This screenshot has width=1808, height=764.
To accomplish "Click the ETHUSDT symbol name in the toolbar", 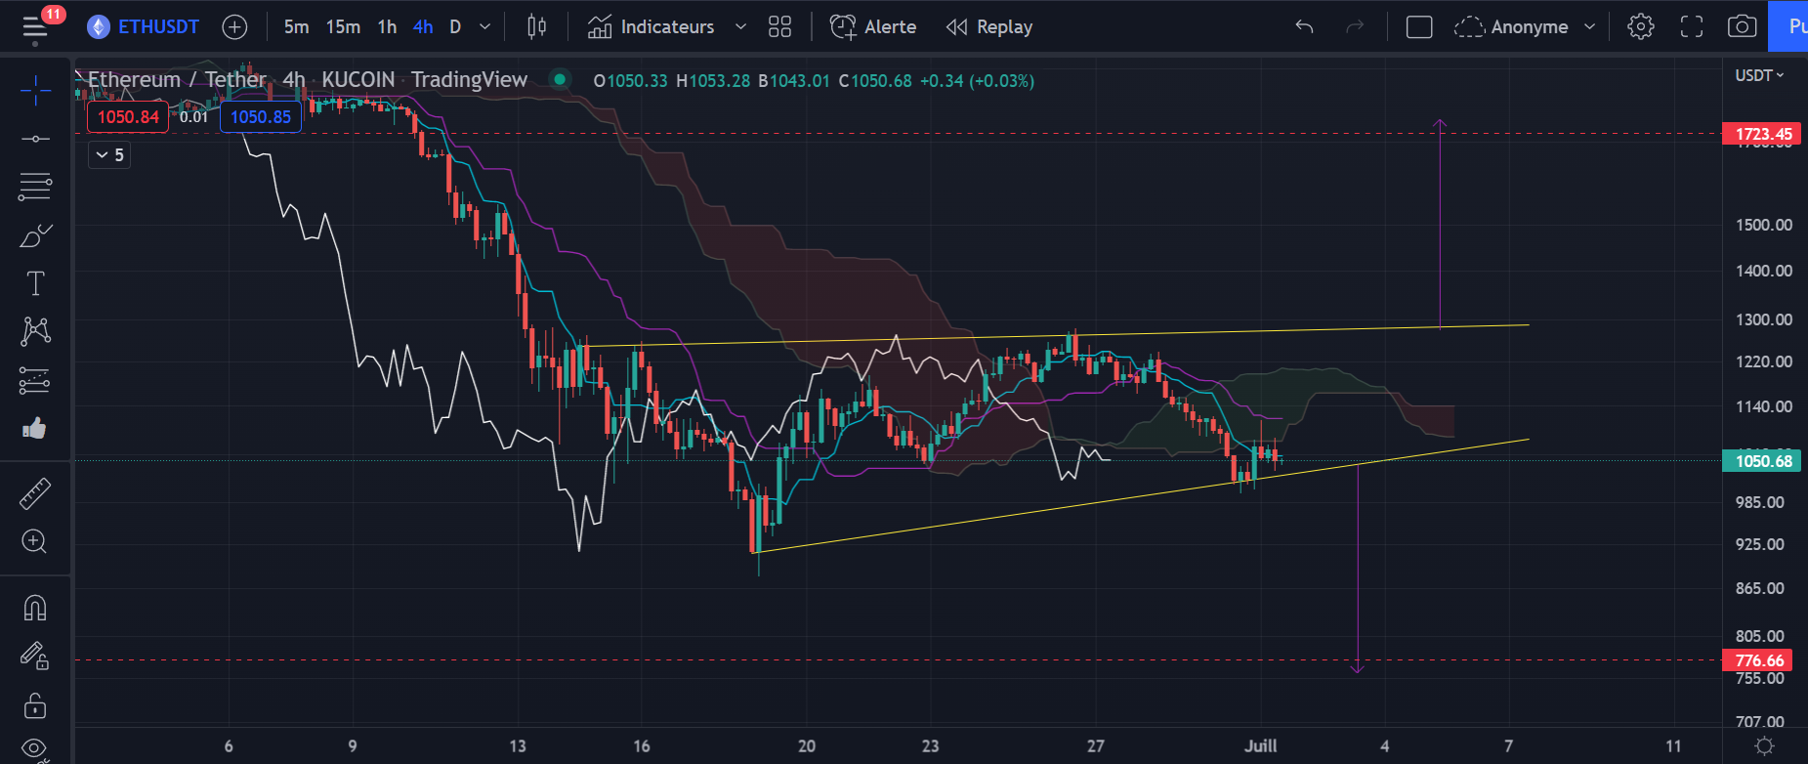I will point(157,27).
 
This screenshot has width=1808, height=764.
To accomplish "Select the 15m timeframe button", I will point(343,27).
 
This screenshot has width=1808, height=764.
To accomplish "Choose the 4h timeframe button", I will point(423,27).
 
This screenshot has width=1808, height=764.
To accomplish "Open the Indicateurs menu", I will point(666,27).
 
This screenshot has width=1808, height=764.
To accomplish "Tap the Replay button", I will point(989,27).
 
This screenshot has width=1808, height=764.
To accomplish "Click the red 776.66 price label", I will point(1758,660).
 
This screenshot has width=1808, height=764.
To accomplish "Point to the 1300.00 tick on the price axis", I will point(1763,319).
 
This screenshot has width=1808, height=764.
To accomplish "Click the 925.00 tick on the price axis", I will point(1759,544).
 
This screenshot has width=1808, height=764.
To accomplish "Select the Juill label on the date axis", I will point(1260,745).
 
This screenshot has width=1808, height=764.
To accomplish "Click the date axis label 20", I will point(806,745).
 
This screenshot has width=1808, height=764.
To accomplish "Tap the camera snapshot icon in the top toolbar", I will point(1742,27).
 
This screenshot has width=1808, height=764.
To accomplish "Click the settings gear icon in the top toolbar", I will point(1640,27).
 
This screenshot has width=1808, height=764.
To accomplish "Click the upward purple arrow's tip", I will point(1439,121).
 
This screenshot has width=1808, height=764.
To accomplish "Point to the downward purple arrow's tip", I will point(1357,671).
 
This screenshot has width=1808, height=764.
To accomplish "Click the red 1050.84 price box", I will point(128,117).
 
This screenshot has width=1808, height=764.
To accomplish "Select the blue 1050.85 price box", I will point(261,117).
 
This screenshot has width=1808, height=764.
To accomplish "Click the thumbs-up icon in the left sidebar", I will point(34,428).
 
